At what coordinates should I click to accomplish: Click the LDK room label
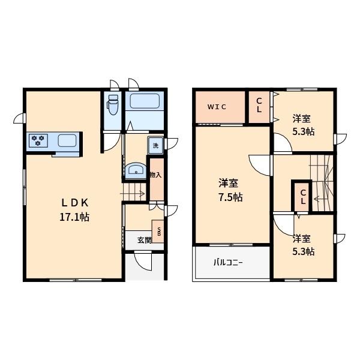75,203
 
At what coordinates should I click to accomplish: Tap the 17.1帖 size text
74,217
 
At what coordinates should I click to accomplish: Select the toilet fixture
112,104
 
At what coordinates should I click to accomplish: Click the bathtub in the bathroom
145,101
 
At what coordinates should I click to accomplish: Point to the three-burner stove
38,140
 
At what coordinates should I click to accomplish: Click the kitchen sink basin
67,140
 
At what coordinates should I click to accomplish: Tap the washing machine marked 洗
155,145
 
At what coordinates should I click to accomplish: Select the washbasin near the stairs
136,170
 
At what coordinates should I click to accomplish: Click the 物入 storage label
155,175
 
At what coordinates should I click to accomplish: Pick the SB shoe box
158,232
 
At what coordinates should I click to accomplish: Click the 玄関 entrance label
145,240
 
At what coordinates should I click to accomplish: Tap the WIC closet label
217,107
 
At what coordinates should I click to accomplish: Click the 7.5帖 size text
230,197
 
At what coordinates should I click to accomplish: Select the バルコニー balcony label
228,262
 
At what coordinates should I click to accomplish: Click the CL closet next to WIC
259,107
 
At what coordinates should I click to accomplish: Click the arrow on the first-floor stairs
133,194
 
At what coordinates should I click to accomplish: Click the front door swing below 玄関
143,262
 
